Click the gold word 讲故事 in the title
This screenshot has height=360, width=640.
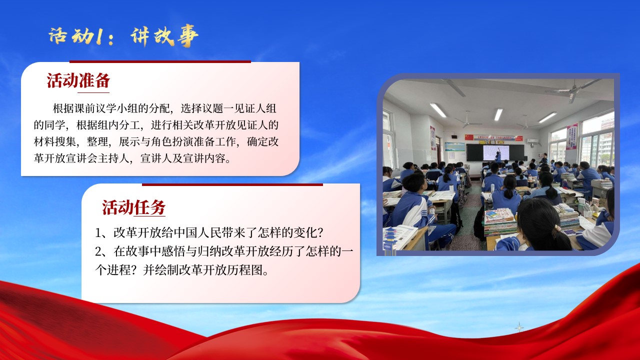tap(164, 35)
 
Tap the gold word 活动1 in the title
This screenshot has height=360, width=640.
tap(75, 36)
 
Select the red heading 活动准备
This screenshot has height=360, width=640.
tap(78, 80)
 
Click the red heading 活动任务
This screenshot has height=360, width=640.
tap(133, 207)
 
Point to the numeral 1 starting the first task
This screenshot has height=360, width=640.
tap(98, 233)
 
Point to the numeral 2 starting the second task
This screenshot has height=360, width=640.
tap(98, 251)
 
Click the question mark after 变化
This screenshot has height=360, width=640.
tap(320, 233)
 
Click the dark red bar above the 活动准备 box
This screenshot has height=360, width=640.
tap(160, 61)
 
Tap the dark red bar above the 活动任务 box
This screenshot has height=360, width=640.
tap(232, 184)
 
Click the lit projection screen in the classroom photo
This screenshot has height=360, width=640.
tap(496, 152)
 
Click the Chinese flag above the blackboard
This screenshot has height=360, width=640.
tap(469, 137)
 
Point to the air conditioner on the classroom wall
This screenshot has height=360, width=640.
tap(533, 141)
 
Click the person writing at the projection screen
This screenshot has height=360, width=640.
tap(498, 155)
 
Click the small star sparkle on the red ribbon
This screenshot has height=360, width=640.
tap(519, 327)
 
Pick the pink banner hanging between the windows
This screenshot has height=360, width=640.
tap(571, 136)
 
